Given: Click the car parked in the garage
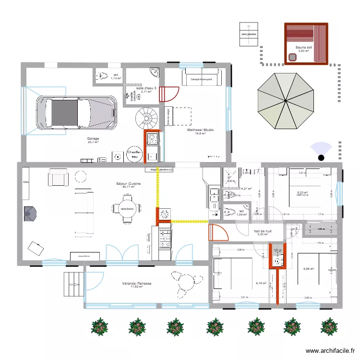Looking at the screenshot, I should pos(77,112).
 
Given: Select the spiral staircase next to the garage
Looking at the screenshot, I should pos(145,117).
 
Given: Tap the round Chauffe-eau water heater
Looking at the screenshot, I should pos(133,154).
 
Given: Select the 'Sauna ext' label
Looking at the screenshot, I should pos(304,48).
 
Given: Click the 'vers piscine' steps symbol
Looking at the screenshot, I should pos(249,34).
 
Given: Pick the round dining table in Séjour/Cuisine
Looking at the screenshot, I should pos(127,209).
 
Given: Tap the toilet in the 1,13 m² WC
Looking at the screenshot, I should pos(103,76).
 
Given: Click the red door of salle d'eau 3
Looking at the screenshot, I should pos(168,94).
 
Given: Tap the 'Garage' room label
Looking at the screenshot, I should pos(93,138).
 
